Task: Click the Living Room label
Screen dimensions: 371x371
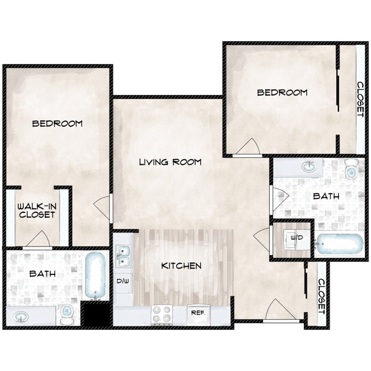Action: [170, 162]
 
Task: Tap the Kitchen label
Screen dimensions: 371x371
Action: [181, 266]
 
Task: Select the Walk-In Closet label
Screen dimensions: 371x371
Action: [37, 210]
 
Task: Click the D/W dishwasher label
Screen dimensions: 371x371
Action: [123, 281]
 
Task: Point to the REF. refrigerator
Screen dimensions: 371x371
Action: [198, 315]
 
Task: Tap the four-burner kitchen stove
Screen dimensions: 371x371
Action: [162, 315]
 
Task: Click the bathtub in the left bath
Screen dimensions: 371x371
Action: [95, 276]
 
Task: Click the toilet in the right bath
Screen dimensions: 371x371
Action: [352, 169]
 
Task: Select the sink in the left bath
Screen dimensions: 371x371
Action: [21, 317]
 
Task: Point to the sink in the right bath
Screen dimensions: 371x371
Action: [309, 167]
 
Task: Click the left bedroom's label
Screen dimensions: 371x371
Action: [57, 124]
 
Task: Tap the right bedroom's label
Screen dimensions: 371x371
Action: [282, 93]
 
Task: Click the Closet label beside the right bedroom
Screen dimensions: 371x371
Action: [360, 99]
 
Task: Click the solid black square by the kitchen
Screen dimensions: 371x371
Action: [97, 314]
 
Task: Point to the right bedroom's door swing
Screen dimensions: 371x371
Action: [248, 146]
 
